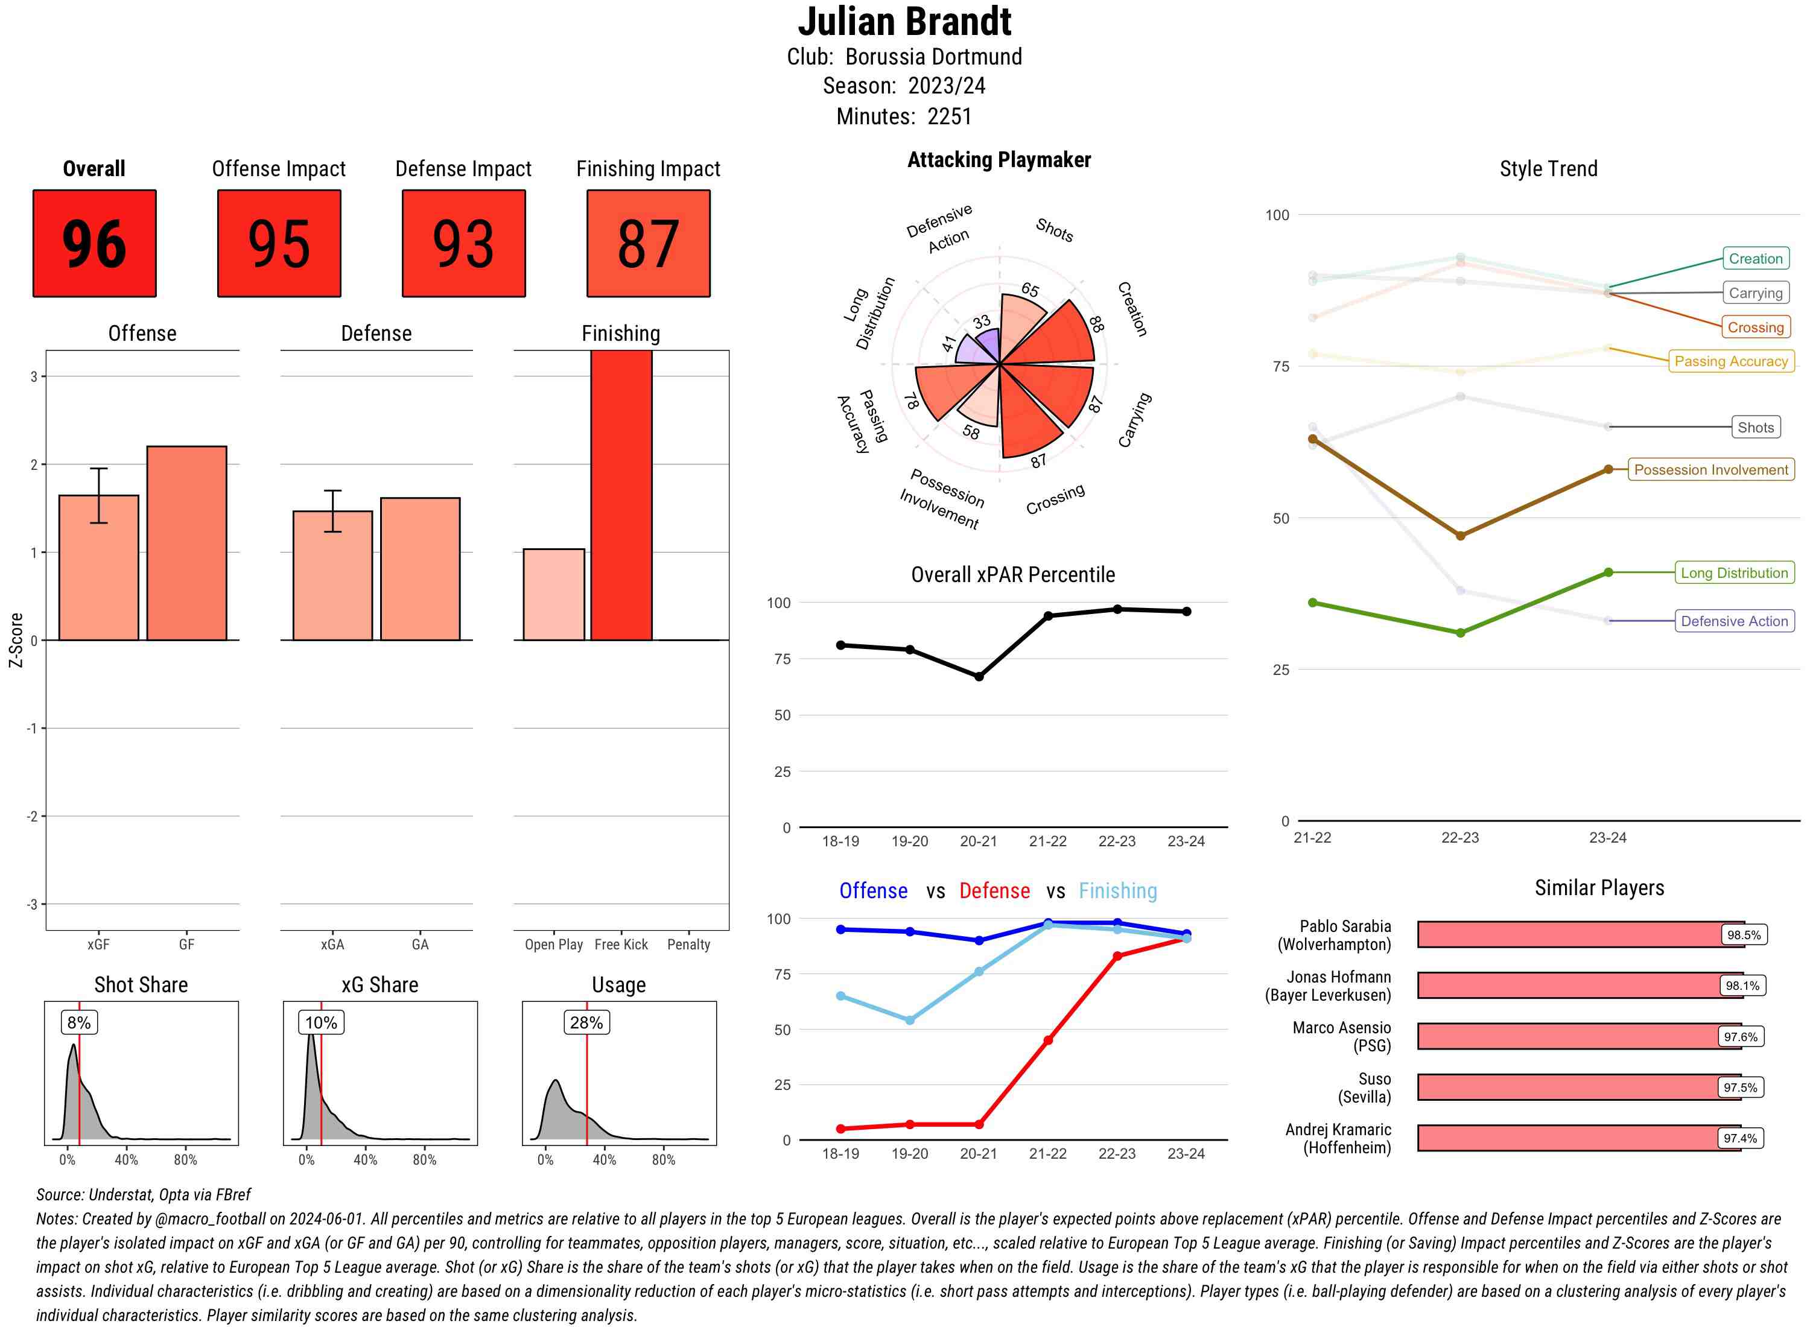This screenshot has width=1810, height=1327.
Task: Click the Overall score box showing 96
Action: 94,244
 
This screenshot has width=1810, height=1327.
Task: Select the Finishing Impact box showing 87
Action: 649,244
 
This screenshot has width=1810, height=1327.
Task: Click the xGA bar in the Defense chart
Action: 332,575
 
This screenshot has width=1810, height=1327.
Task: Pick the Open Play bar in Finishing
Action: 553,594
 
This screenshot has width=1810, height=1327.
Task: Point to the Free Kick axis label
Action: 621,945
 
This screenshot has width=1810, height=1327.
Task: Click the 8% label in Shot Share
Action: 78,1022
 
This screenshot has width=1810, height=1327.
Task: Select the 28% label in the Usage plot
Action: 586,1022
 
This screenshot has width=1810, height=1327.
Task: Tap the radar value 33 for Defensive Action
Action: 982,322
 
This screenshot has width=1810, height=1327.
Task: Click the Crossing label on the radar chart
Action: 1055,499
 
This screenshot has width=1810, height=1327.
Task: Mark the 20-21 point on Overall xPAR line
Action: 979,676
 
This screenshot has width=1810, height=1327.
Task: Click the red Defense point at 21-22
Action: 1047,1040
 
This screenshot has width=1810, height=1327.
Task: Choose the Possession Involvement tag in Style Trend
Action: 1710,470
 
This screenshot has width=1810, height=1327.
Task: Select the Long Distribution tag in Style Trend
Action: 1734,573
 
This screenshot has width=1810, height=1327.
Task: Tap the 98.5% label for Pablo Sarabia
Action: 1743,935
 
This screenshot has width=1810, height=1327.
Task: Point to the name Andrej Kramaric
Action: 1338,1129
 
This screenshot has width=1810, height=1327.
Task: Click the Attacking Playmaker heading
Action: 999,160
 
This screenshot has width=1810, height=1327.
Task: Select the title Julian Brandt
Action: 904,22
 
